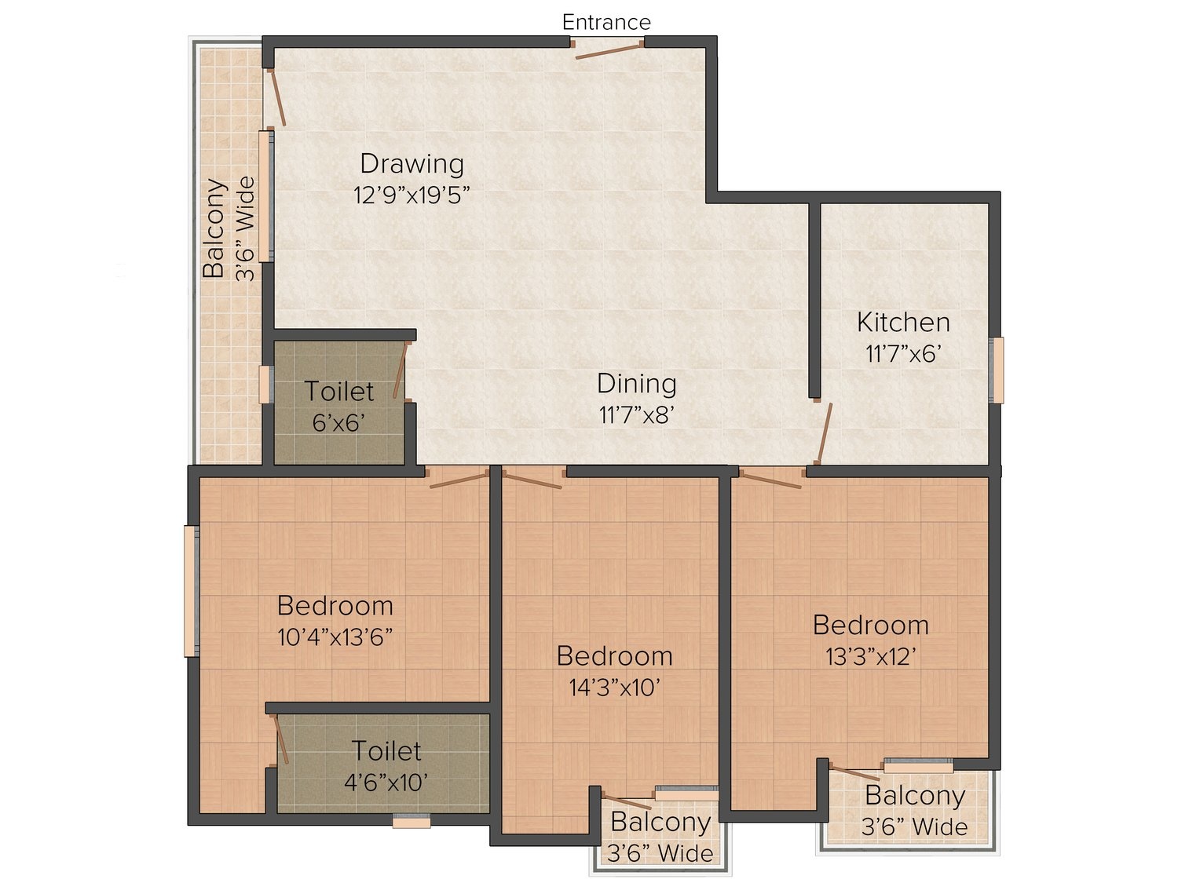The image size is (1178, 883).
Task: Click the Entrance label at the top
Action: [x=606, y=22]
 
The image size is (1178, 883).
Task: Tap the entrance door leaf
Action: [x=609, y=52]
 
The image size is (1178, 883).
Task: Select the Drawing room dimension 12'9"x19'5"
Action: [x=412, y=195]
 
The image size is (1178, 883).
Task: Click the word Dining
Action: [x=636, y=385]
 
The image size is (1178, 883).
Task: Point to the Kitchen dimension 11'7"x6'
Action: [x=903, y=354]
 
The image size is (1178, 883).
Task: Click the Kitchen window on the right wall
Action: [x=997, y=370]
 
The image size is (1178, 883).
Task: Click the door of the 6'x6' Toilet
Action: [x=401, y=370]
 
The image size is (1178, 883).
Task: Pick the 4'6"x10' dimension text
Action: [x=386, y=783]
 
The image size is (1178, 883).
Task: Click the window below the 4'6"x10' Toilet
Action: [x=411, y=821]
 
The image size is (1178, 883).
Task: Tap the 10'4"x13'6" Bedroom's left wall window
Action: [x=192, y=591]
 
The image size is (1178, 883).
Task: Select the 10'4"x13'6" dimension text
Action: [x=335, y=637]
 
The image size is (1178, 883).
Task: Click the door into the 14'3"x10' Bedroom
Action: [x=532, y=478]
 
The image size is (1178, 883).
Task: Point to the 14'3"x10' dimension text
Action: [x=614, y=688]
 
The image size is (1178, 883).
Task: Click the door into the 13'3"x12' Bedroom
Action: [x=770, y=478]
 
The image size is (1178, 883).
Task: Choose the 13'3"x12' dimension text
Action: [x=870, y=656]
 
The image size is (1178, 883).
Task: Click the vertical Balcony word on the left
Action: [x=214, y=228]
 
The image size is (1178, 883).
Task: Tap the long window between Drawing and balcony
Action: [x=266, y=196]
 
